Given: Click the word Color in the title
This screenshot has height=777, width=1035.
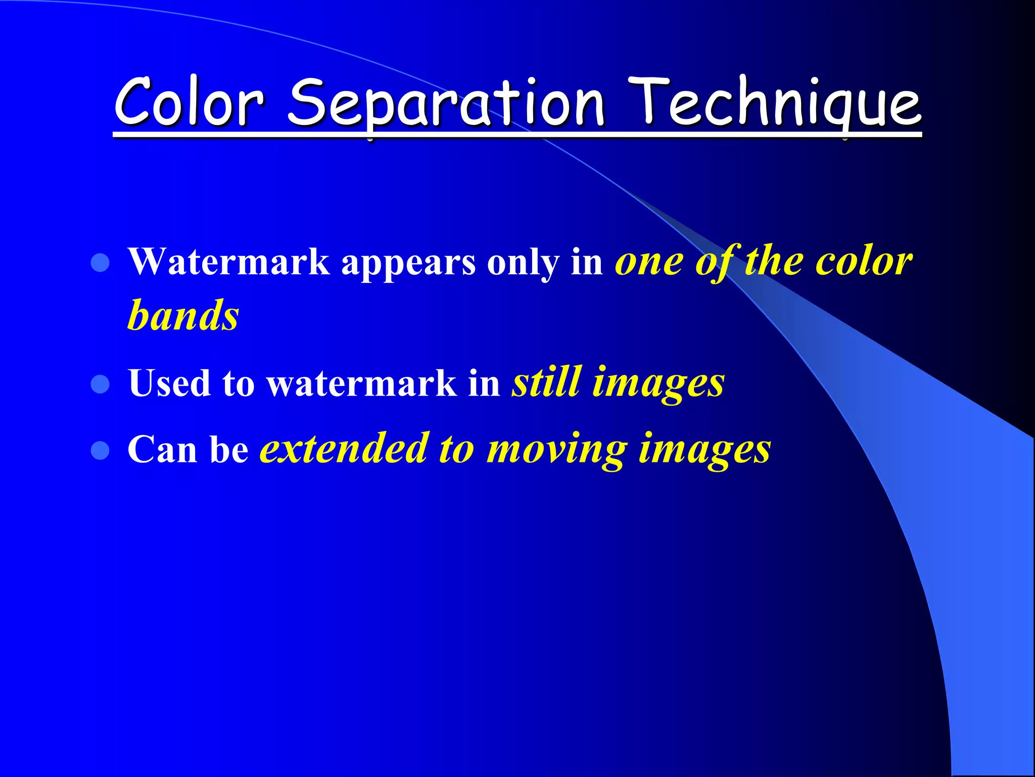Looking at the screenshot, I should (189, 104).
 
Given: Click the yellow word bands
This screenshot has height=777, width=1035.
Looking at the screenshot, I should (183, 316).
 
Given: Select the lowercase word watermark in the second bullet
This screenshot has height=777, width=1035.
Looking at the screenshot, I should (362, 383).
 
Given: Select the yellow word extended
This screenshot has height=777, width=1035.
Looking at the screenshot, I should (344, 449).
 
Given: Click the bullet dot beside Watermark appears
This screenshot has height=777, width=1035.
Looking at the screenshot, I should (101, 263).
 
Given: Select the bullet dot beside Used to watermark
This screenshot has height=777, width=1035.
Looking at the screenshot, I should (101, 384).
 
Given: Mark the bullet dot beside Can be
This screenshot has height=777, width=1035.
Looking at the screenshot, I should (101, 450).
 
